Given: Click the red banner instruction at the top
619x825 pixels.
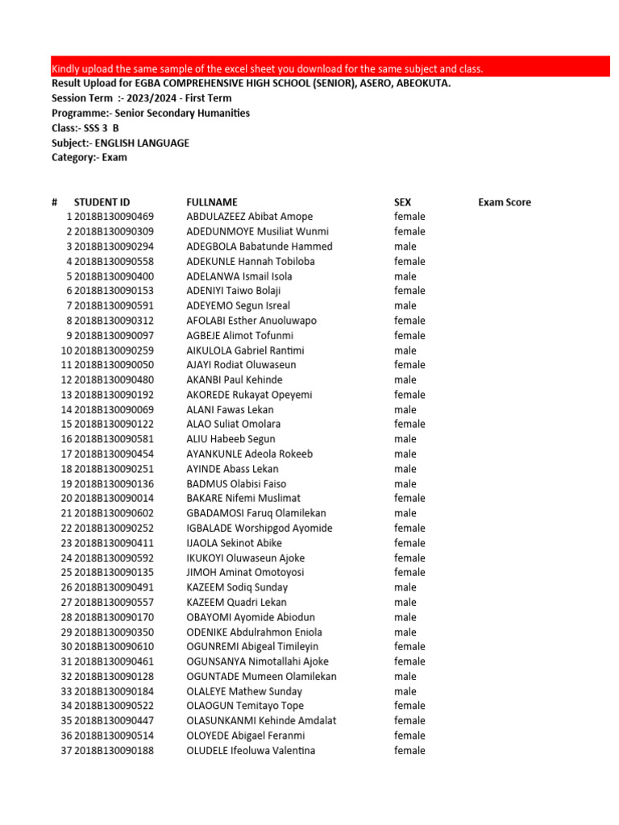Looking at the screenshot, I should click(267, 68).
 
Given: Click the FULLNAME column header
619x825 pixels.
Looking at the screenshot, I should click(211, 202).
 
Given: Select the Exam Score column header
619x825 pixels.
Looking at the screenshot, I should click(504, 202).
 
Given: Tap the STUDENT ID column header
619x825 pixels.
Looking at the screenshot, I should click(102, 202).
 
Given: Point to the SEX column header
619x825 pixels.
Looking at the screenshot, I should click(402, 202).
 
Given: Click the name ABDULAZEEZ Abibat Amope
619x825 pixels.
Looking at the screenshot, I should click(249, 217).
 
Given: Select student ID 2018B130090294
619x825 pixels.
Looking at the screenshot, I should click(114, 247).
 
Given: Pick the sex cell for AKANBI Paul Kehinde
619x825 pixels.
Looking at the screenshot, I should click(405, 380).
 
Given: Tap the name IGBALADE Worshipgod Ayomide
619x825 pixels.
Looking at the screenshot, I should click(259, 529).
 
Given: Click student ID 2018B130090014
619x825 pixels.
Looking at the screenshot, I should click(114, 499).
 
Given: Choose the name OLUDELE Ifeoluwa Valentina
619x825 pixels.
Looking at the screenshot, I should click(251, 751).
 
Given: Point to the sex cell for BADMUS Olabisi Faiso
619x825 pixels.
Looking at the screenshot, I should click(405, 484).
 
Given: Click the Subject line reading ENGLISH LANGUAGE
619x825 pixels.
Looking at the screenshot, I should click(120, 143).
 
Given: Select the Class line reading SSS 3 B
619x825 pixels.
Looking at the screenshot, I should click(85, 128).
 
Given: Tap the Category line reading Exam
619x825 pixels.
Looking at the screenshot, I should click(89, 157).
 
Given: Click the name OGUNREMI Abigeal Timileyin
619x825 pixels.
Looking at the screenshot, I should click(252, 647).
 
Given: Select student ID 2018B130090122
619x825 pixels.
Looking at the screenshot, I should click(114, 425).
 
